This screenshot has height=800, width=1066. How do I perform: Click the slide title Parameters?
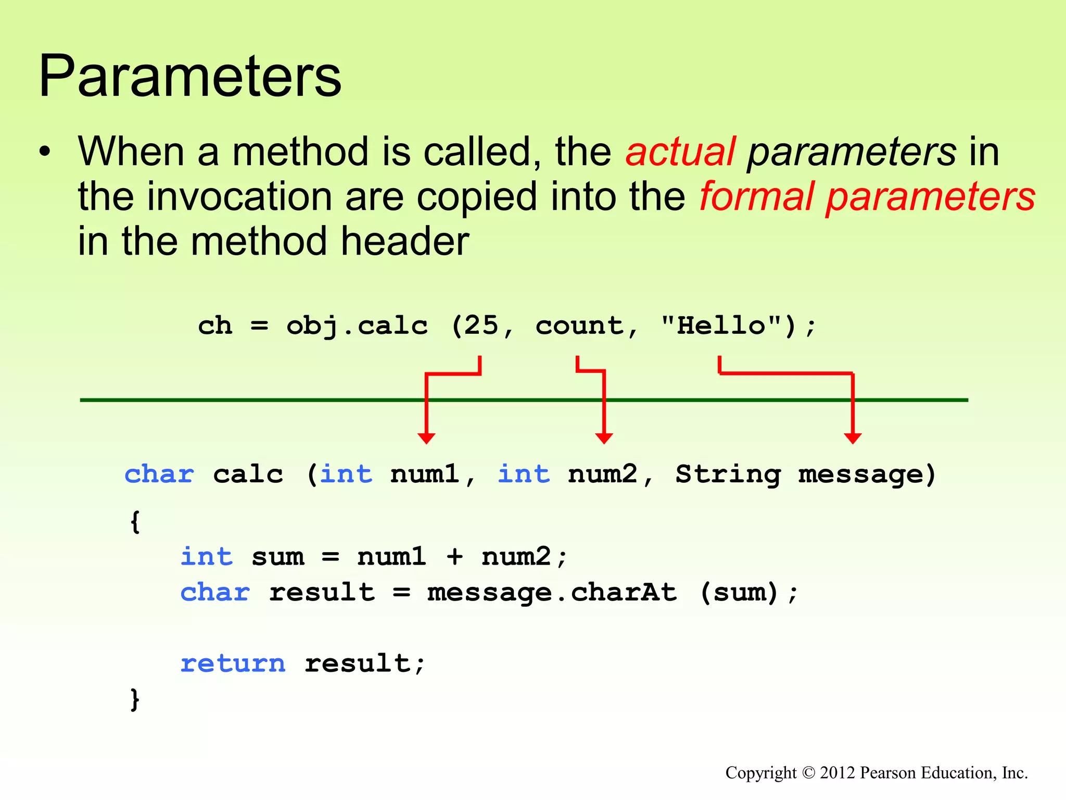point(190,76)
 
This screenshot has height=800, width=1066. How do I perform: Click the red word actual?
point(680,152)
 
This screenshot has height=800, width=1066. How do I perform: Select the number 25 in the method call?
point(481,326)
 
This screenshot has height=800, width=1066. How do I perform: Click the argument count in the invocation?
point(579,326)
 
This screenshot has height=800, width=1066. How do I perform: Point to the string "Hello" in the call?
point(721,326)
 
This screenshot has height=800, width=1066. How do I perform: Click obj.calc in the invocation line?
point(357,326)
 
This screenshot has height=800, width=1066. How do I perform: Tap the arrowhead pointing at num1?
point(426,438)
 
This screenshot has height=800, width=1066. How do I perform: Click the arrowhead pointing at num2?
point(604,438)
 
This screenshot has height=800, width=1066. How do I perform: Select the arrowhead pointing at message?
point(853,438)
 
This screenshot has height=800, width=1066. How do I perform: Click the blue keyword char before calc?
point(159,474)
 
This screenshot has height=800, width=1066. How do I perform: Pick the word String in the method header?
point(728,474)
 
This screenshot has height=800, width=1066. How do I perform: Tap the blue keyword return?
point(233,664)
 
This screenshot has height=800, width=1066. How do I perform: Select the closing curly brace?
point(135,699)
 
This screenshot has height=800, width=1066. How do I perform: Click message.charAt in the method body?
point(552,593)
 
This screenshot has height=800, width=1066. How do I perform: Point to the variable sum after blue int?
point(278,557)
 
